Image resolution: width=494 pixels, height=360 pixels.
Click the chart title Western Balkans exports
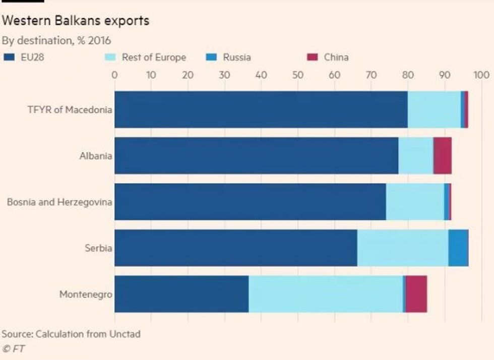76,21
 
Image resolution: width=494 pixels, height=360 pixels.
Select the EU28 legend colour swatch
9,57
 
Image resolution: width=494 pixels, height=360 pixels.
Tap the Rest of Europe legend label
154,57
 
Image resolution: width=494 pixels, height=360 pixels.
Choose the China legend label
336,57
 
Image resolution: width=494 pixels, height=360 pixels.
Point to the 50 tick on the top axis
297,75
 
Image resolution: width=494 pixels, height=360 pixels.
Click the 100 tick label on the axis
481,75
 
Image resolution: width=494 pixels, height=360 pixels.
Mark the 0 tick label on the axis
114,75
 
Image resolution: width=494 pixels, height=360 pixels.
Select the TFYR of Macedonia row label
69,110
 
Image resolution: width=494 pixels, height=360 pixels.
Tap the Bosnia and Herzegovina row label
59,202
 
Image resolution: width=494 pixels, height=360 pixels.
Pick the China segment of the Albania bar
442,156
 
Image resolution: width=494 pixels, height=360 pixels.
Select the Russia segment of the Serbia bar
458,248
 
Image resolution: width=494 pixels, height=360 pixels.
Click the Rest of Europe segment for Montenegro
325,294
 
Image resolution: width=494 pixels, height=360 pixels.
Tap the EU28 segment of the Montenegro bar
181,294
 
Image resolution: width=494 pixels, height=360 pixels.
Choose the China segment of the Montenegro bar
416,294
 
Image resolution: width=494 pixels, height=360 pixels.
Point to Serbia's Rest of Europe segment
402,248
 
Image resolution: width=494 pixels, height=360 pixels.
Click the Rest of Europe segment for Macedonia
434,109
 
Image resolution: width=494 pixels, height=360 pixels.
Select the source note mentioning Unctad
71,334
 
